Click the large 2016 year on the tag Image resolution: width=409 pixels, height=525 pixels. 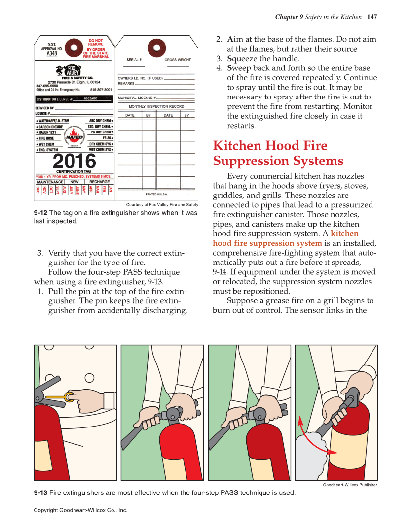(74, 161)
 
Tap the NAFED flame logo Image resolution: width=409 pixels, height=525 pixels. (74, 137)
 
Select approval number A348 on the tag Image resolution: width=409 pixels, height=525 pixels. (52, 54)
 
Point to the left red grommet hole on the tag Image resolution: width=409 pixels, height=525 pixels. (74, 48)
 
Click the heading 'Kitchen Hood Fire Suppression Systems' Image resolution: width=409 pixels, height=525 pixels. (278, 153)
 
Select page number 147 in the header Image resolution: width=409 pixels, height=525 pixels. (372, 17)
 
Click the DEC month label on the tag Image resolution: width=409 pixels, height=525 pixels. (38, 190)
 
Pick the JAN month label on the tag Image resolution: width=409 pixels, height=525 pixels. (111, 190)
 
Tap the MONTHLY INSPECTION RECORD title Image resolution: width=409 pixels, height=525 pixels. (156, 106)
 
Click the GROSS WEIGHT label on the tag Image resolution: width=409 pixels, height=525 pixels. (178, 60)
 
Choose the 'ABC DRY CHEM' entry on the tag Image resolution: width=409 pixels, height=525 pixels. (100, 121)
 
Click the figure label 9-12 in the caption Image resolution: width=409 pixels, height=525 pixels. (40, 213)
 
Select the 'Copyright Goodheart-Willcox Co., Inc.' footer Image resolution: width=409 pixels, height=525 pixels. (80, 510)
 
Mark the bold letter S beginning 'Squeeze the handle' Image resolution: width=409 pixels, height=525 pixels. (229, 59)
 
